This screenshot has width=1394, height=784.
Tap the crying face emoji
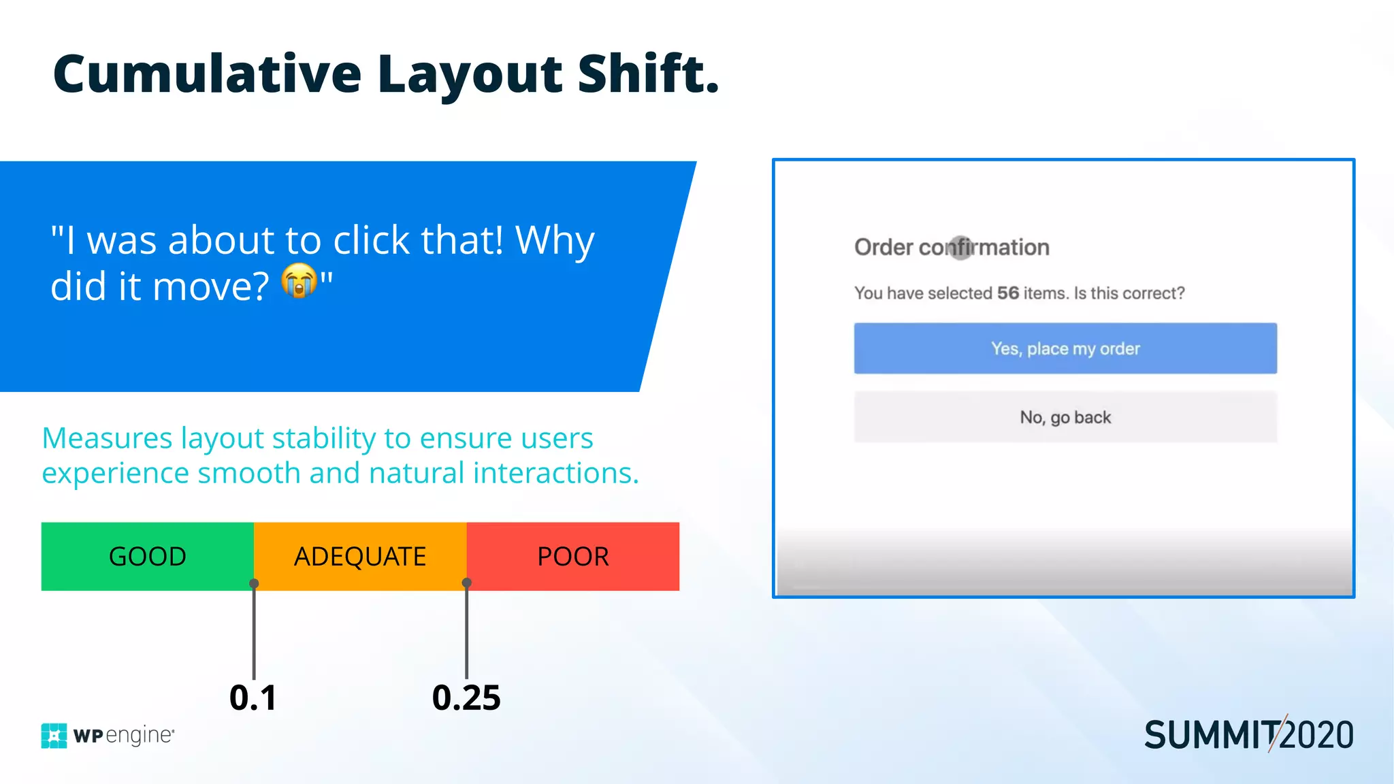299,281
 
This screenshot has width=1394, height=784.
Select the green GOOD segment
147,556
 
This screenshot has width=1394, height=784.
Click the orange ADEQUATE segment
360,556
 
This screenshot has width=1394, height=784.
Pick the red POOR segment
573,556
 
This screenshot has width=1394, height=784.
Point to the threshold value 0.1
253,698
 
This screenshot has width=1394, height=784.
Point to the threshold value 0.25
466,698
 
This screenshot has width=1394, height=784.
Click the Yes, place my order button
1065,348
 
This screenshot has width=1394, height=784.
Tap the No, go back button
1065,417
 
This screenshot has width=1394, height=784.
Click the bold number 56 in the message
1008,293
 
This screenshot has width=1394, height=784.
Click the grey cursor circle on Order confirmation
961,247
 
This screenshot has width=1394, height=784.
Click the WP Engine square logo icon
54,736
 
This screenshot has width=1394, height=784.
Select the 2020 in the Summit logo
1318,736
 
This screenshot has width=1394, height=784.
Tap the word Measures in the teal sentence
107,438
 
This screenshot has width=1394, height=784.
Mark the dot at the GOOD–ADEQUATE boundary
254,583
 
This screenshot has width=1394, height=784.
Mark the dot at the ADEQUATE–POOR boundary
467,583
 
